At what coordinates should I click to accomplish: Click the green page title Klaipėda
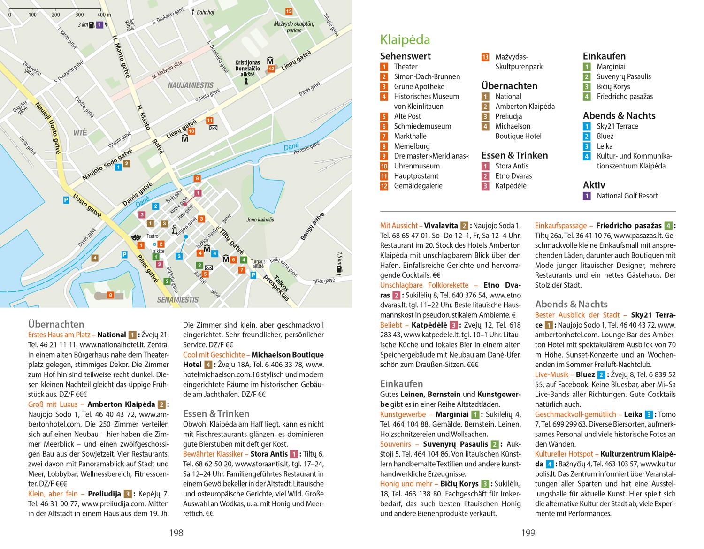405,39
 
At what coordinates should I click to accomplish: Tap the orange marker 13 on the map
288,11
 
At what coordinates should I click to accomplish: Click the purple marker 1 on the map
99,24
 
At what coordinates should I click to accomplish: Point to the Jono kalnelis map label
260,220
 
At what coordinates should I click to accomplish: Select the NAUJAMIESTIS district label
191,85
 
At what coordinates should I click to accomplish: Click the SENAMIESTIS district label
178,299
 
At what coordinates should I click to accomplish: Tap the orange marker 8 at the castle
110,295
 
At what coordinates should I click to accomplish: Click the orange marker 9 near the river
197,178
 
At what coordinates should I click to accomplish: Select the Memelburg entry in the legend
412,146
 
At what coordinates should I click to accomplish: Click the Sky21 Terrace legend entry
617,126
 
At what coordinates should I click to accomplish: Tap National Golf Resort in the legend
627,196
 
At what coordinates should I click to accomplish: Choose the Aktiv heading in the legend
594,185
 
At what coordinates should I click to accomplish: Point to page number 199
528,533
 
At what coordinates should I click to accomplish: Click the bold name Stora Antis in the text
269,454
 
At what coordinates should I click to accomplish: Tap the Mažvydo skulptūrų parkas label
288,26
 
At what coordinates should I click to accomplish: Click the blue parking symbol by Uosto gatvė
67,200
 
